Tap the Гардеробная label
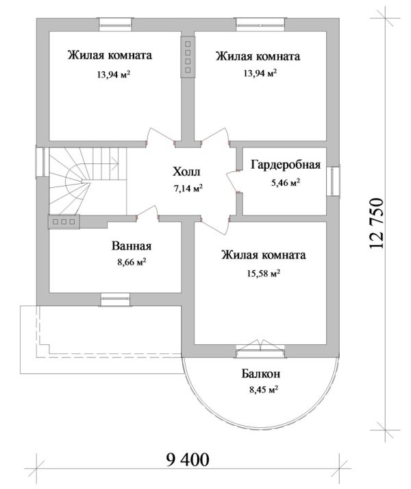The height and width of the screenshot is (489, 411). point(286,165)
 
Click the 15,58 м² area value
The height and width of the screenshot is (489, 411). point(264,272)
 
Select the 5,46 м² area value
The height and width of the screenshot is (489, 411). point(286,182)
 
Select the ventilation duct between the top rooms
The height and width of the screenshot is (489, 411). point(186,56)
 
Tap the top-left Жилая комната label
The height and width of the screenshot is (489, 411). point(110,56)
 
